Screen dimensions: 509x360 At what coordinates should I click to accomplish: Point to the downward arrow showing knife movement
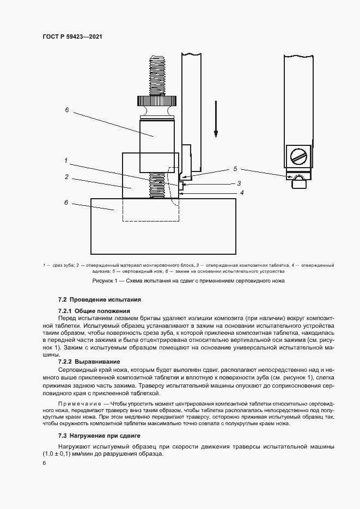pyautogui.click(x=216, y=118)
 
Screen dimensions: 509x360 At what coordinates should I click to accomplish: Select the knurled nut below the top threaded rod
pyautogui.click(x=156, y=101)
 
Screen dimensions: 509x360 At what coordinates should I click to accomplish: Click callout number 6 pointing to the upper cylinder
pyautogui.click(x=67, y=109)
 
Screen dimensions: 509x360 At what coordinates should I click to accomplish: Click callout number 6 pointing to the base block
pyautogui.click(x=67, y=203)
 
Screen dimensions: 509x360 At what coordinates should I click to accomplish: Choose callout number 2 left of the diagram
pyautogui.click(x=66, y=177)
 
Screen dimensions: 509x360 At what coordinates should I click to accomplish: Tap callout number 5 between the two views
pyautogui.click(x=235, y=169)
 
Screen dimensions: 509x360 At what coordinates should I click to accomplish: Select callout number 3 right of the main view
pyautogui.click(x=238, y=183)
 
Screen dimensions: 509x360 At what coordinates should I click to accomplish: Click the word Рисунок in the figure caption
pyautogui.click(x=102, y=280)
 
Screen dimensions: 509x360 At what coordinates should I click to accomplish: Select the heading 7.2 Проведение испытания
pyautogui.click(x=100, y=299)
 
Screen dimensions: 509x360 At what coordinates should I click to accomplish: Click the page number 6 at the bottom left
pyautogui.click(x=44, y=463)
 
